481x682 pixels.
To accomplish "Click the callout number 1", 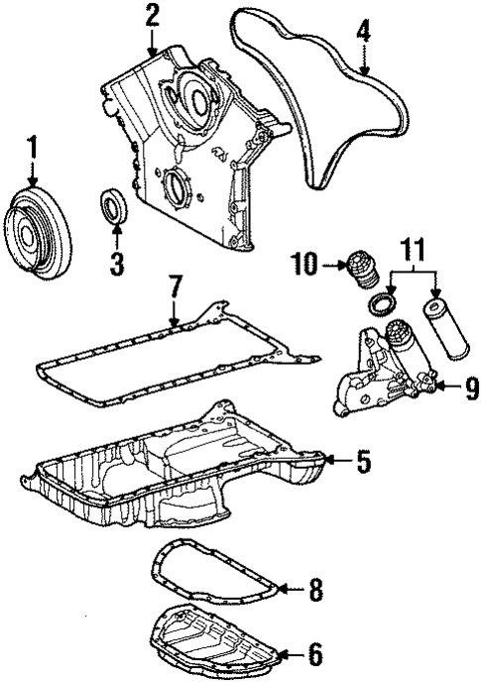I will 33,152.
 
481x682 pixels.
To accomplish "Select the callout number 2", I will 152,16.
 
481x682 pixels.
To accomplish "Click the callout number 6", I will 314,653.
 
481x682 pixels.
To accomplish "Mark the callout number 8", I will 314,591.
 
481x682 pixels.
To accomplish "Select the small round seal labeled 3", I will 115,211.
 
